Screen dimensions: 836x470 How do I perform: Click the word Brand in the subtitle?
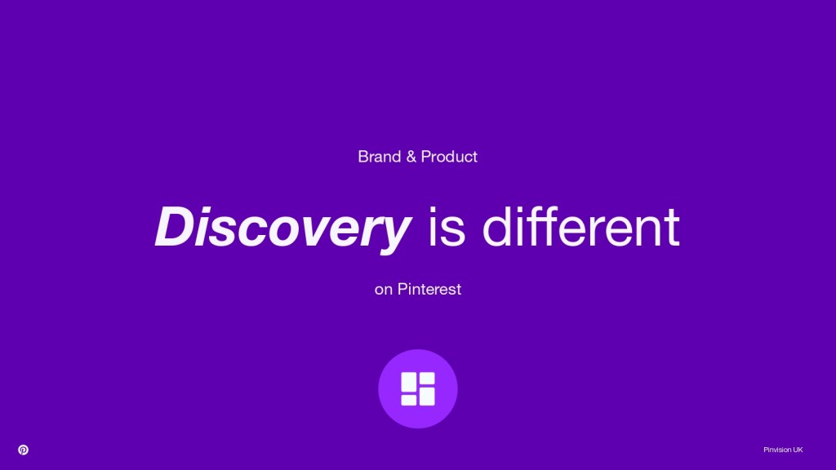point(379,157)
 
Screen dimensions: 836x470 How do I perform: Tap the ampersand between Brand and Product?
point(411,157)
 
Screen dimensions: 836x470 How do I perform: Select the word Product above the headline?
point(449,157)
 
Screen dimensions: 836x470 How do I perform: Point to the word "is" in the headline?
point(447,228)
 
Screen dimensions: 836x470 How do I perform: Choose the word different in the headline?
point(580,227)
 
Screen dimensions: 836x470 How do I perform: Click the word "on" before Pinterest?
point(384,290)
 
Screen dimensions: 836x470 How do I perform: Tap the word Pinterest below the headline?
point(429,289)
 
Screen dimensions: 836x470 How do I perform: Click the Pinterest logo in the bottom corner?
point(23,450)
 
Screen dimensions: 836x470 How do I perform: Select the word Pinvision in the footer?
point(777,450)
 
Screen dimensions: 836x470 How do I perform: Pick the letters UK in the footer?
point(798,450)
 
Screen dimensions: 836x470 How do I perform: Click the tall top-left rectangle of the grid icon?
point(408,382)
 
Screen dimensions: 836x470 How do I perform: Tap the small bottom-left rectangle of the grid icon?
point(408,400)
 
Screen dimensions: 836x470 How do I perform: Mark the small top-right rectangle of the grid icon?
point(427,377)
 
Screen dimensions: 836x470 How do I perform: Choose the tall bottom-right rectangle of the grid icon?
point(427,396)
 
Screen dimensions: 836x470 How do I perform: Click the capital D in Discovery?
point(174,227)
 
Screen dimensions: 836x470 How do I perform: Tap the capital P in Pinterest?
point(402,289)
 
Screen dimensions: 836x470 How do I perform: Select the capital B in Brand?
point(363,157)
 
